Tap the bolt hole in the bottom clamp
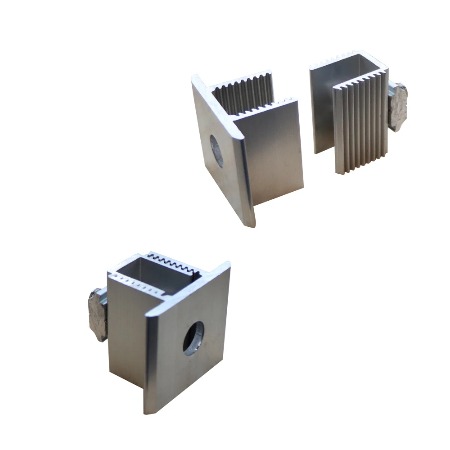193,337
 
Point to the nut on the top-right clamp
398,107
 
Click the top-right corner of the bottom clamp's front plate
229,264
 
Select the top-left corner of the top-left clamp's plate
194,76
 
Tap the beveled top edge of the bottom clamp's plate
189,288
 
